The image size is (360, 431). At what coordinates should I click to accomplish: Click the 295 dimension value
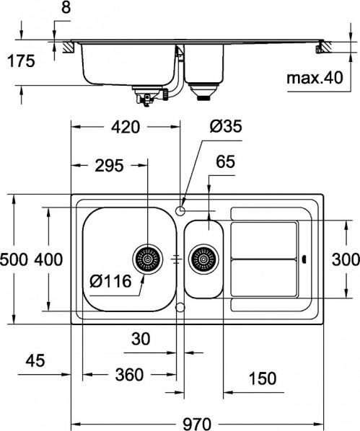[107, 165]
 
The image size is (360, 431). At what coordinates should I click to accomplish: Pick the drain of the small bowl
[203, 258]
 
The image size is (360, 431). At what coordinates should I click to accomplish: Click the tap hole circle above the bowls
[180, 210]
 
